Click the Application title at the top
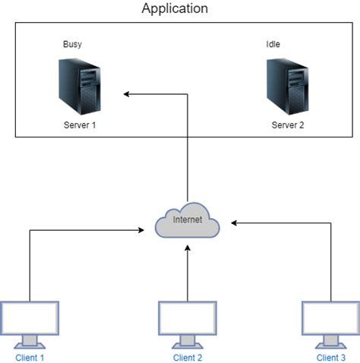point(175,9)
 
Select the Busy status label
point(72,45)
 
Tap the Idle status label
point(273,45)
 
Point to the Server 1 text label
point(80,125)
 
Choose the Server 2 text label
point(288,125)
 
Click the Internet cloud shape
point(187,223)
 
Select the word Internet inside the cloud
point(188,221)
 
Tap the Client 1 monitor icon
point(30,322)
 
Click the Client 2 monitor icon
point(187,322)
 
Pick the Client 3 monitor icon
point(331,322)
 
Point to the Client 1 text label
point(30,357)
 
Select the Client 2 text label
point(188,357)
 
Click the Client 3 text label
point(331,357)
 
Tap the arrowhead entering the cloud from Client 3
point(235,223)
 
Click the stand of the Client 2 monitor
point(187,340)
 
